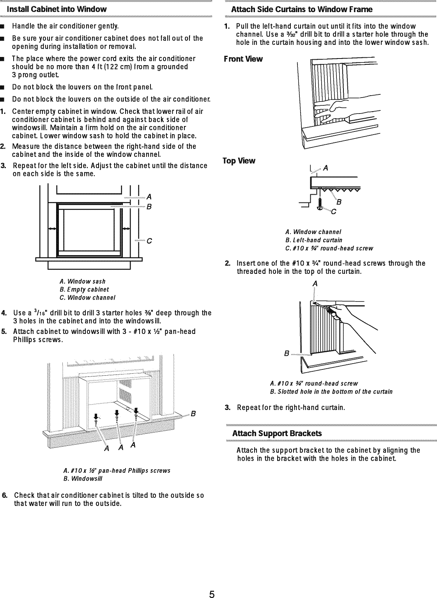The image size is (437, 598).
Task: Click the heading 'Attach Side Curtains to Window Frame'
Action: [302, 9]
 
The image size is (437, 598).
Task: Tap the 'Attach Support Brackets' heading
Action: [277, 433]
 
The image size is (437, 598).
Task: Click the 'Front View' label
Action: [243, 59]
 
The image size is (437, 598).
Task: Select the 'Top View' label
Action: [239, 161]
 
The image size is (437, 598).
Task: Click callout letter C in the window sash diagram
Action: [149, 241]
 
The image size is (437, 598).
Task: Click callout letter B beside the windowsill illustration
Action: [193, 414]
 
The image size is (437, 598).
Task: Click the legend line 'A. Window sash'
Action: [83, 281]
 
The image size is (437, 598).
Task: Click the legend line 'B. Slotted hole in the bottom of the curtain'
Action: [331, 391]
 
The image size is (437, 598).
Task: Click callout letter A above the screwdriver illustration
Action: [315, 284]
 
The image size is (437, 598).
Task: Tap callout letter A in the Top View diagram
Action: [326, 169]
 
